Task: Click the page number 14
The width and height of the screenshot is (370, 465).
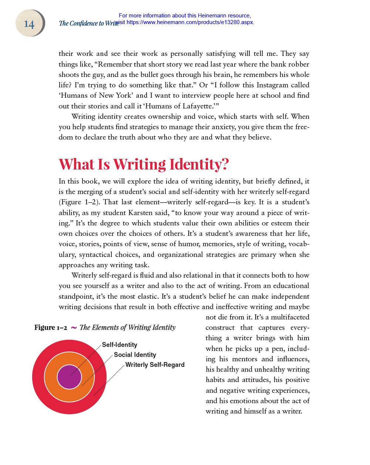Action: pyautogui.click(x=29, y=24)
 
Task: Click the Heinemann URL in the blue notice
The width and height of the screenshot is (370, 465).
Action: pyautogui.click(x=190, y=22)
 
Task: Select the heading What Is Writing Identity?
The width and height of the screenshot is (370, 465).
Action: pyautogui.click(x=144, y=164)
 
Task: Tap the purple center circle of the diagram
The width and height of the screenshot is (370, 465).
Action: pyautogui.click(x=69, y=377)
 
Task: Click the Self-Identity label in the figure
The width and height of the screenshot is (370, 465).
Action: pyautogui.click(x=120, y=345)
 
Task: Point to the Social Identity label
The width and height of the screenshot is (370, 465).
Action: pyautogui.click(x=135, y=355)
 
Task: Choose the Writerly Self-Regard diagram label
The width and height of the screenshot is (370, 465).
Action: pyautogui.click(x=155, y=365)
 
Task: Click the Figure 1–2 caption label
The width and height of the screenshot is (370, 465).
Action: pyautogui.click(x=51, y=327)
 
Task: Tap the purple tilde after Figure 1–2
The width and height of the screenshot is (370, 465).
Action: pyautogui.click(x=74, y=327)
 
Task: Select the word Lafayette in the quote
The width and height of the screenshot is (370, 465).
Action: pyautogui.click(x=197, y=106)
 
